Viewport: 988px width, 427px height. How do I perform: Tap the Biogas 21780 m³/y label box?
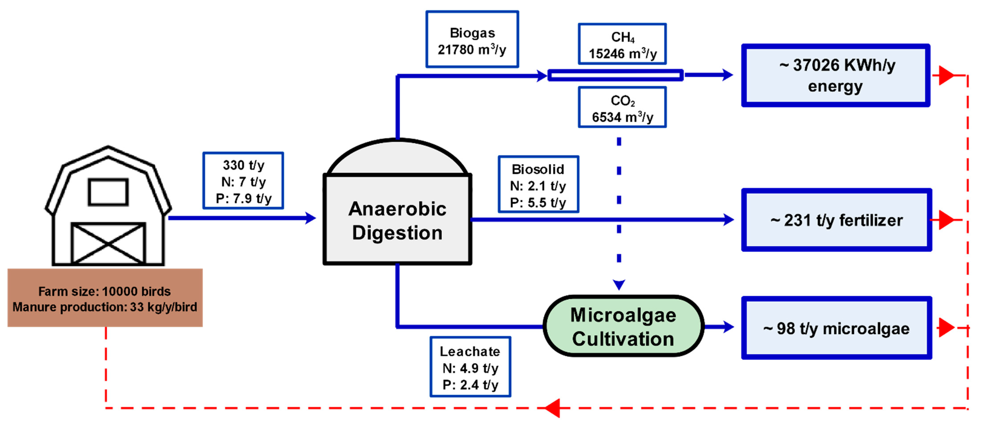(x=472, y=40)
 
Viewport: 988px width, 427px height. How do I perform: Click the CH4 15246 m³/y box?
(x=622, y=44)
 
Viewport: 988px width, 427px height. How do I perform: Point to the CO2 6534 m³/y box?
(x=622, y=107)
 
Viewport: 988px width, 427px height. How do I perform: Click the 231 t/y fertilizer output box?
(x=836, y=220)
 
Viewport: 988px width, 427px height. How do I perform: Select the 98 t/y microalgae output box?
(x=836, y=328)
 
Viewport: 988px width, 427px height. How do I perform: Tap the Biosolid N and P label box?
(x=538, y=184)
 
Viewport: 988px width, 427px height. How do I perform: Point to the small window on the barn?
(x=108, y=192)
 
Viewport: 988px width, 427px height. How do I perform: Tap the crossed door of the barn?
(x=108, y=243)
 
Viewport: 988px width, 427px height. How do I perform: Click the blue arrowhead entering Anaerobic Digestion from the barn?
(x=310, y=218)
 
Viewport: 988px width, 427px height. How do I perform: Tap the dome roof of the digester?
(x=397, y=158)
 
